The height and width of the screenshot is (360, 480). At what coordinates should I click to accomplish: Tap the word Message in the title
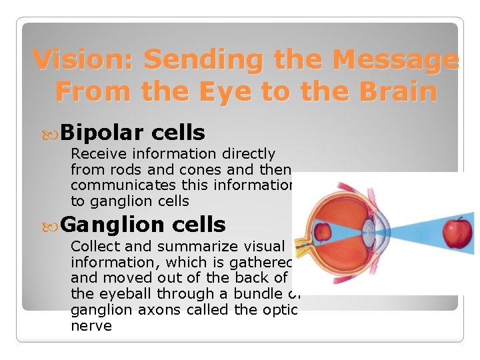coord(395,60)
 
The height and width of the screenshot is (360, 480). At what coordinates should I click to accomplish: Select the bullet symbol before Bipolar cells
coord(53,133)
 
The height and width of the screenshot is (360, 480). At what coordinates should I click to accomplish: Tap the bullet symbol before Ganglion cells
coord(53,225)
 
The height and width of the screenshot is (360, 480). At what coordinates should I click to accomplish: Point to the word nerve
coord(91,325)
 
